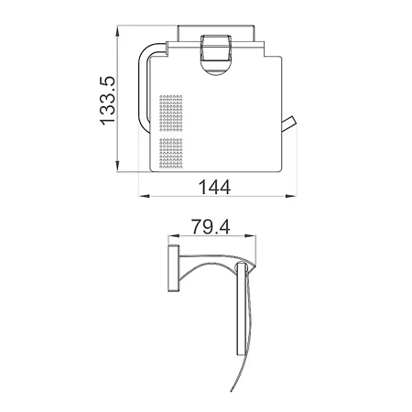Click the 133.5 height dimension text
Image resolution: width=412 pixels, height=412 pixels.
108,101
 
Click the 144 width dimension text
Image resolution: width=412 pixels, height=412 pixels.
214,187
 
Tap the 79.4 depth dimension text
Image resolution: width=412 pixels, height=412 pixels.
211,226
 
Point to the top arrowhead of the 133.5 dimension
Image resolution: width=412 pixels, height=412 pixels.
117,31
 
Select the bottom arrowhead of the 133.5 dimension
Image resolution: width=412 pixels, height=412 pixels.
117,167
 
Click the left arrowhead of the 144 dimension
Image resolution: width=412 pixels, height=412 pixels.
144,196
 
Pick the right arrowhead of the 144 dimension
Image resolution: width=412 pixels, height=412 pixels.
291,196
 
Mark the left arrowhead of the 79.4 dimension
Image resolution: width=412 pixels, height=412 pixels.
173,235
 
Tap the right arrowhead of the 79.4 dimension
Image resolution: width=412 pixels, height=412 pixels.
251,235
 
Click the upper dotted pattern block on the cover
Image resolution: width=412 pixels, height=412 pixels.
171,114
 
